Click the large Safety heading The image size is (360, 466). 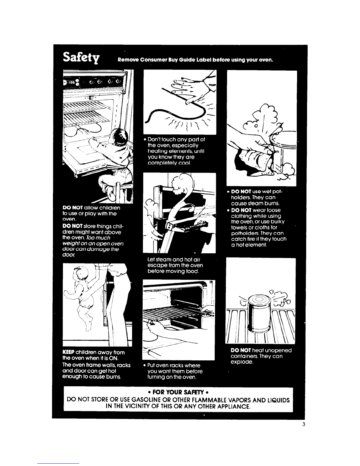click(x=81, y=57)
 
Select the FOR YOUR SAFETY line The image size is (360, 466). click(x=179, y=392)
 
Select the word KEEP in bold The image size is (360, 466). click(x=69, y=352)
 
